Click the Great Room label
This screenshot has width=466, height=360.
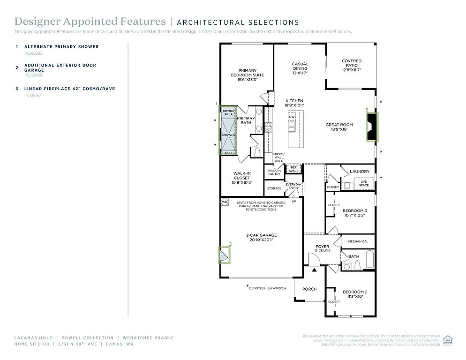[x=339, y=127]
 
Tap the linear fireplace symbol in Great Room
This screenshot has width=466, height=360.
[x=372, y=127]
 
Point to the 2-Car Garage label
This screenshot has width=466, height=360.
[x=262, y=237]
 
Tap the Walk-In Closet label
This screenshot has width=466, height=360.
[x=242, y=178]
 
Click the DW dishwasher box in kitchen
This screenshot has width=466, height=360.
[x=292, y=117]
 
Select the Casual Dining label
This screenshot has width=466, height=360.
[x=300, y=68]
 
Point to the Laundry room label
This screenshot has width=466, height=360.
[x=360, y=172]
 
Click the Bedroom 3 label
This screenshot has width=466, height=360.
[x=354, y=213]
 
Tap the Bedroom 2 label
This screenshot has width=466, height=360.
[x=354, y=294]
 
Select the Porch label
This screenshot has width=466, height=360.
[x=309, y=289]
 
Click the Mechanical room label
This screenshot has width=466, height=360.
[x=358, y=241]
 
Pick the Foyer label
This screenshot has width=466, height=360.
[x=322, y=248]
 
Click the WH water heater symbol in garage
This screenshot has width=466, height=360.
[x=224, y=202]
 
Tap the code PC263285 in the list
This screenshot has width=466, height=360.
[x=33, y=53]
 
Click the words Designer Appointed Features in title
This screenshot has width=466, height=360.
[x=90, y=22]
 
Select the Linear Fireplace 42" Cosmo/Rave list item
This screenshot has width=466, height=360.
[x=69, y=89]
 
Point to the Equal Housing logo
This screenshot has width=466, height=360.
[x=448, y=340]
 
